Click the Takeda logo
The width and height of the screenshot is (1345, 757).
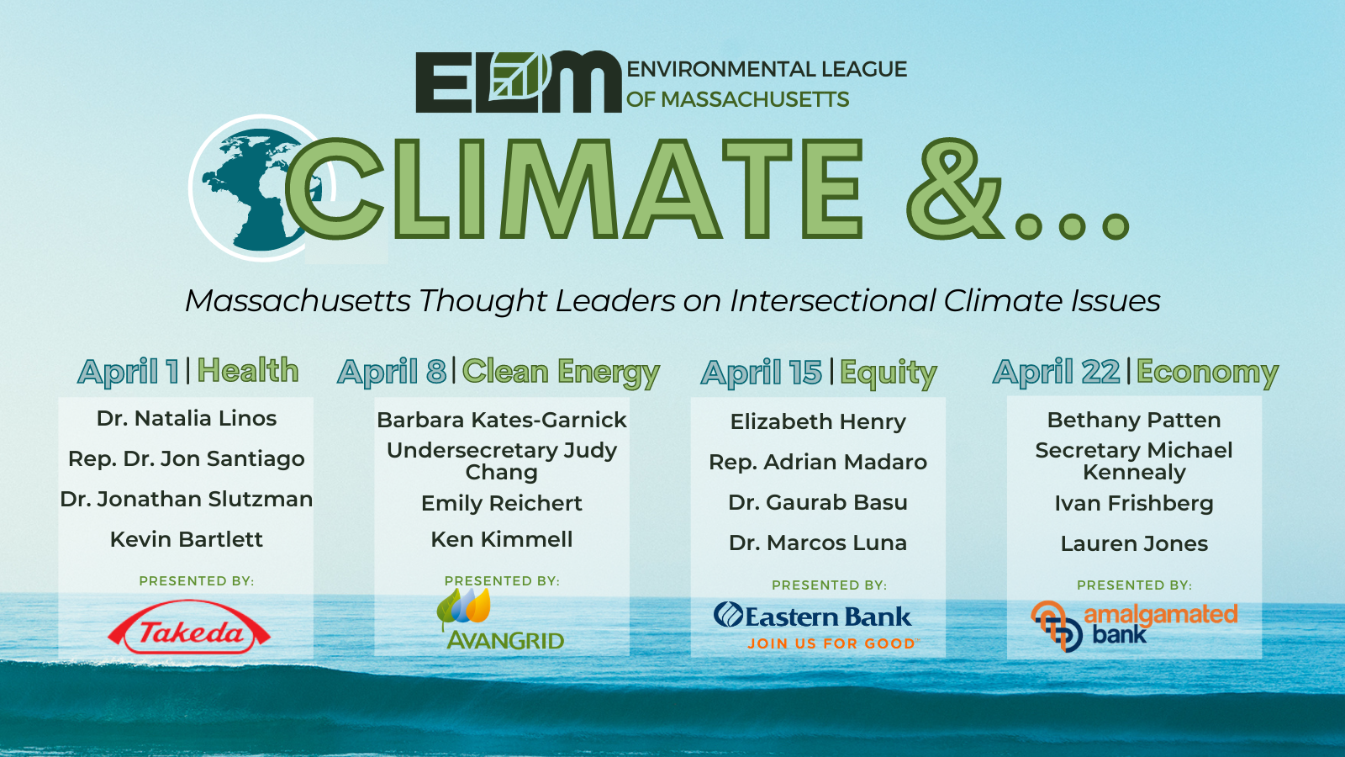pyautogui.click(x=188, y=627)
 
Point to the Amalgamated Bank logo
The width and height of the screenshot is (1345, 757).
pyautogui.click(x=1134, y=626)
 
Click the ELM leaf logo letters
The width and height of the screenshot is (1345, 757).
pyautogui.click(x=518, y=82)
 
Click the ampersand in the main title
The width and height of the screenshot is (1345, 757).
pyautogui.click(x=955, y=188)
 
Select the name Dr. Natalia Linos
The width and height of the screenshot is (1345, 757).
pyautogui.click(x=187, y=418)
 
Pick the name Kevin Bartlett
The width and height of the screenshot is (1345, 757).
pyautogui.click(x=187, y=539)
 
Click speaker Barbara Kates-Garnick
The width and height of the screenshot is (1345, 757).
pyautogui.click(x=502, y=420)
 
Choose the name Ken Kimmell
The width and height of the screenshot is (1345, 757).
pyautogui.click(x=502, y=539)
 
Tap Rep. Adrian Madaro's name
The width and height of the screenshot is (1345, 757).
pyautogui.click(x=818, y=463)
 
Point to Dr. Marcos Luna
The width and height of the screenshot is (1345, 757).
pyautogui.click(x=818, y=543)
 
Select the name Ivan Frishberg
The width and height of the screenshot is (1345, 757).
pyautogui.click(x=1134, y=504)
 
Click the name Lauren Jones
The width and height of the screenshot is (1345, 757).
pyautogui.click(x=1134, y=543)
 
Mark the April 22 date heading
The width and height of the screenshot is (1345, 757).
pyautogui.click(x=1056, y=371)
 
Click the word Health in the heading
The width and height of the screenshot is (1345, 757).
pyautogui.click(x=248, y=370)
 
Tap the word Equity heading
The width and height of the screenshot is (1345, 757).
pyautogui.click(x=888, y=373)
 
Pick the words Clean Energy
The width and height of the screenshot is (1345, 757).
pyautogui.click(x=561, y=373)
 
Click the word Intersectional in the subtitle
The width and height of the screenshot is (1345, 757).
pyautogui.click(x=833, y=300)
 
